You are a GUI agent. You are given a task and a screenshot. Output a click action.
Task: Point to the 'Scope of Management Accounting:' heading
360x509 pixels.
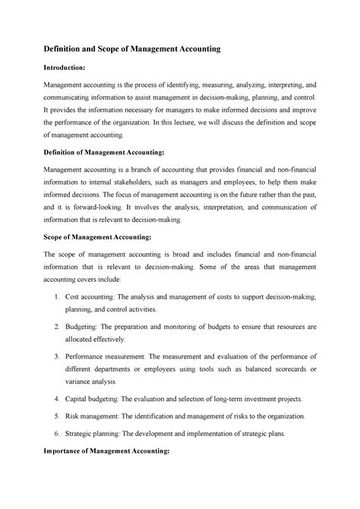click(x=96, y=236)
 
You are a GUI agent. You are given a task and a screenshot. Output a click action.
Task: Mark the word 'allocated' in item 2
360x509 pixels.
click(x=90, y=341)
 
